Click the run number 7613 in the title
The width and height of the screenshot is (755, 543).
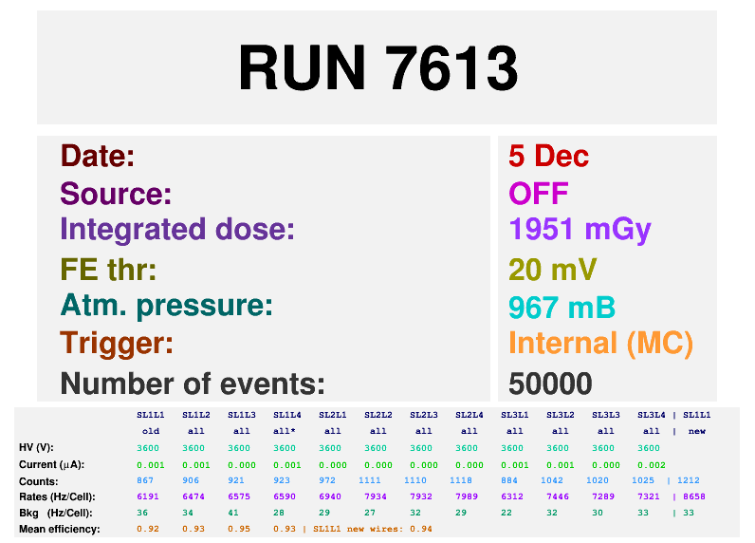[x=452, y=67]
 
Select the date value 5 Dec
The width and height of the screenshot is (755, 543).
[x=549, y=156]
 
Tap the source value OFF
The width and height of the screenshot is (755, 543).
[x=539, y=194]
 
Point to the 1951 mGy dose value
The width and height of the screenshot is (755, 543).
[x=580, y=231]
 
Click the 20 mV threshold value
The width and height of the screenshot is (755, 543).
[x=553, y=269]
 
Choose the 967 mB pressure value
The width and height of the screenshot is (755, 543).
[x=562, y=308]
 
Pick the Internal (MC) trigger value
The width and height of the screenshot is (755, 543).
[x=601, y=344]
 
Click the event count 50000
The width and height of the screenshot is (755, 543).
[x=550, y=384]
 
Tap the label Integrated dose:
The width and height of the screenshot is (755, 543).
[x=177, y=230]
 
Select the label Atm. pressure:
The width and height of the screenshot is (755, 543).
[x=167, y=307]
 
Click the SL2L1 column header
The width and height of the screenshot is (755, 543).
[x=332, y=415]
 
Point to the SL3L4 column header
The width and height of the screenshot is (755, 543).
[x=651, y=415]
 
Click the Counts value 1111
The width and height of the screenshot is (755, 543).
[x=370, y=480]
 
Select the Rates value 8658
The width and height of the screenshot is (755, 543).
[x=694, y=496]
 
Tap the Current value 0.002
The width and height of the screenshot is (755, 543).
[x=651, y=465]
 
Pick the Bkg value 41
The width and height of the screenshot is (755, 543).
[x=233, y=513]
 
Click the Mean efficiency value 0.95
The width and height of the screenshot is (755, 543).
[x=239, y=529]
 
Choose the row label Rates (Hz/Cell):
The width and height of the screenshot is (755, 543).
[x=57, y=496]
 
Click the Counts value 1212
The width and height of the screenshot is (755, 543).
[x=688, y=480]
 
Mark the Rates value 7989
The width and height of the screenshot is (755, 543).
[x=467, y=496]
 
